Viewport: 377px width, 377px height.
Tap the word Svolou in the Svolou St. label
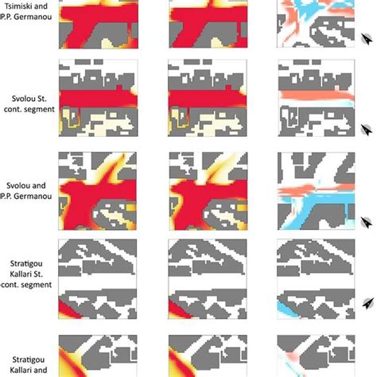[22, 99]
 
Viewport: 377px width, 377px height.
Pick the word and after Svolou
[40, 185]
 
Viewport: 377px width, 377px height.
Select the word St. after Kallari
[38, 274]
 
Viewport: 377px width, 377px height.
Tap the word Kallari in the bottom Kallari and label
[20, 370]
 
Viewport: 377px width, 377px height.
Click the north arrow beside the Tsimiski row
[367, 39]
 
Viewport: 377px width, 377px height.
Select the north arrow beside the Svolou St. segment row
[367, 130]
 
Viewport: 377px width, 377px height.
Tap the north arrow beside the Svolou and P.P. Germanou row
[367, 222]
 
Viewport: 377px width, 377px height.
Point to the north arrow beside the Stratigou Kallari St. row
[368, 303]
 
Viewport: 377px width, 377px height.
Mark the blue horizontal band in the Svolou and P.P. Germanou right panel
[318, 198]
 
